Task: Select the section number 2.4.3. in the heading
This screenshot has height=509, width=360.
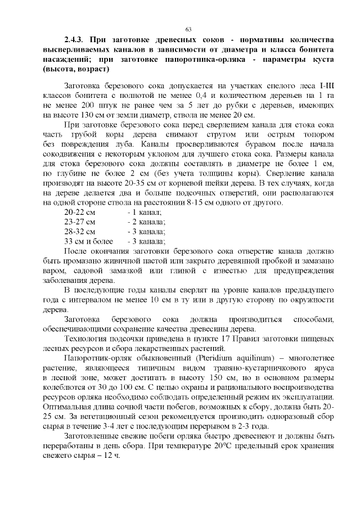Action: (x=74, y=40)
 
